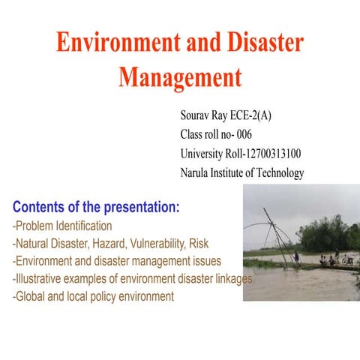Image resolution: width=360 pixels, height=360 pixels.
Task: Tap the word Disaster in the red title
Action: pyautogui.click(x=259, y=43)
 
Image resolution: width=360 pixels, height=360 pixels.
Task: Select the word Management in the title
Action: pyautogui.click(x=180, y=77)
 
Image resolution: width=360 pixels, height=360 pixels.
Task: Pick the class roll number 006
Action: pyautogui.click(x=244, y=135)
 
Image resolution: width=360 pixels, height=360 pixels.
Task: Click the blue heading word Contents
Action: pyautogui.click(x=44, y=206)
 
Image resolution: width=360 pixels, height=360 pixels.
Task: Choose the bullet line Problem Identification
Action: pyautogui.click(x=63, y=226)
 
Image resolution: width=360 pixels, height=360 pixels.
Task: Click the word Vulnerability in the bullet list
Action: pyautogui.click(x=161, y=244)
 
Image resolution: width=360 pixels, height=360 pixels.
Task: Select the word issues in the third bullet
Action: pyautogui.click(x=206, y=261)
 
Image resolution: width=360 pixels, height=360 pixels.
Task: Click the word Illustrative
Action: pyautogui.click(x=38, y=279)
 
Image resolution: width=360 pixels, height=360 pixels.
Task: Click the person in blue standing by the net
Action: pyautogui.click(x=297, y=257)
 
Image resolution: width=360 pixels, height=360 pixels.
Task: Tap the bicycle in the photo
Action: pyautogui.click(x=347, y=260)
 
